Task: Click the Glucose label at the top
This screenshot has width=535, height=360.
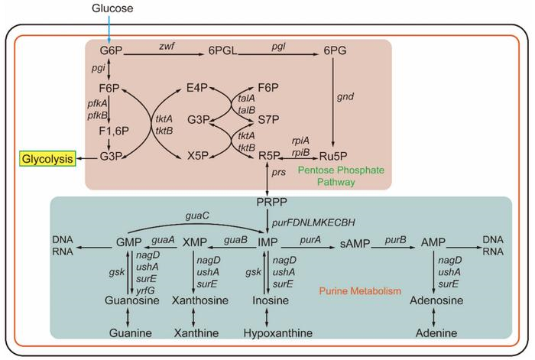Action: (x=112, y=8)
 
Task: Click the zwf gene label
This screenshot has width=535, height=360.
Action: (x=168, y=46)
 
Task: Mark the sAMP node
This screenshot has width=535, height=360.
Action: (x=354, y=242)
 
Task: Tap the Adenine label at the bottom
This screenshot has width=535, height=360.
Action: (x=436, y=334)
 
